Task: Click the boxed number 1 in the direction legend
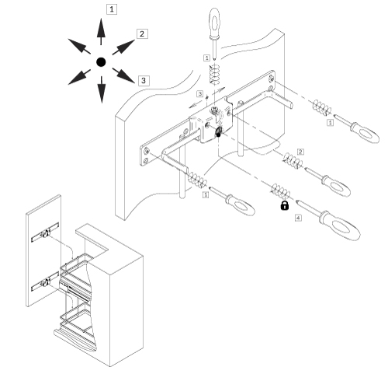pyautogui.click(x=114, y=9)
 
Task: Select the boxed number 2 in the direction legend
pyautogui.click(x=142, y=33)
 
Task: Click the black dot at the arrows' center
pyautogui.click(x=100, y=61)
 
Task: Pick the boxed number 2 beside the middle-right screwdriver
pyautogui.click(x=300, y=151)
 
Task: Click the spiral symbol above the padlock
pyautogui.click(x=279, y=189)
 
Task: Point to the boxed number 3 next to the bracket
pyautogui.click(x=200, y=93)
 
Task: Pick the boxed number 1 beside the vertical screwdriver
pyautogui.click(x=205, y=58)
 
